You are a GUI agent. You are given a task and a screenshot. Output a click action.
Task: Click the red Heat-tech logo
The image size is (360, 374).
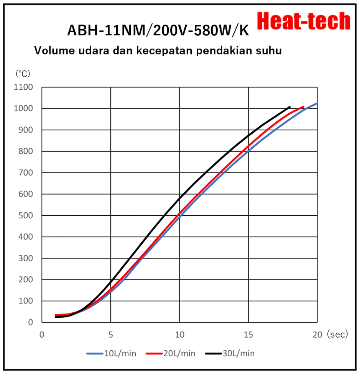[303, 21]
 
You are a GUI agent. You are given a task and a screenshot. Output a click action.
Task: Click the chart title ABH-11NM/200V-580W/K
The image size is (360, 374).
[158, 30]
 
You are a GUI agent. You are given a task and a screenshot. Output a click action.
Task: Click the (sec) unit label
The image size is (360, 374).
[337, 335]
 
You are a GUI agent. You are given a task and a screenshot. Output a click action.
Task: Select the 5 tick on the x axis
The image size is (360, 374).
[111, 335]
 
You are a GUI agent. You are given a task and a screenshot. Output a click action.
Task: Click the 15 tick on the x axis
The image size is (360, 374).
[248, 335]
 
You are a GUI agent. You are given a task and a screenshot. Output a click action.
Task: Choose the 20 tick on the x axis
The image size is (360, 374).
[317, 335]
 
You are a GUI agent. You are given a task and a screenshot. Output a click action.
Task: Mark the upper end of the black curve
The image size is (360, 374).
[290, 107]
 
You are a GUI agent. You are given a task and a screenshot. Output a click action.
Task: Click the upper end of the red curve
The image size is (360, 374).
[304, 107]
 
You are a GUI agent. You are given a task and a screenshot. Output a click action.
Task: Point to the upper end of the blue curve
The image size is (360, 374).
[317, 103]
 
